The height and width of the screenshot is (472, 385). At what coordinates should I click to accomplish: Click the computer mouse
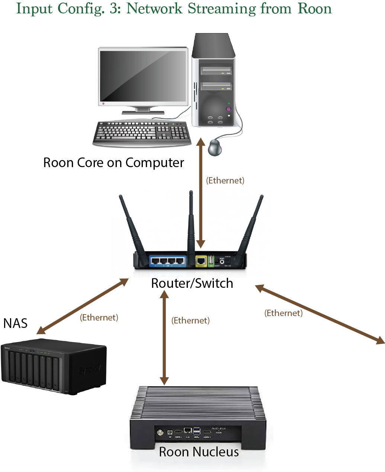tap(215, 147)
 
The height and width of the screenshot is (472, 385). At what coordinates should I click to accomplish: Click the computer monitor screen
tap(143, 76)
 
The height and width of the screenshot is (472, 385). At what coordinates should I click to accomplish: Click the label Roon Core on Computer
tap(113, 163)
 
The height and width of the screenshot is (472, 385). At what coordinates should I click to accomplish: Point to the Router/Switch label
tap(192, 283)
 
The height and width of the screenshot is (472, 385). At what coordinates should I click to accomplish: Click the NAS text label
tap(15, 323)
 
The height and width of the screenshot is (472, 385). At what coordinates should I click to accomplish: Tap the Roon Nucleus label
tap(199, 452)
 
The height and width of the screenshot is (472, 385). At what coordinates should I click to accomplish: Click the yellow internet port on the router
tap(201, 261)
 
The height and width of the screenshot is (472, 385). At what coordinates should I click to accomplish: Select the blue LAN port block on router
tap(167, 261)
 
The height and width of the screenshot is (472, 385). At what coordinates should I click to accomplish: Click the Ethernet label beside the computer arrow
tap(225, 180)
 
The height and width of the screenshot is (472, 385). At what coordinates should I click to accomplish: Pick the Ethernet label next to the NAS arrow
tap(99, 318)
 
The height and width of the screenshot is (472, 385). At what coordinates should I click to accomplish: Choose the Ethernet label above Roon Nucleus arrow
tap(190, 320)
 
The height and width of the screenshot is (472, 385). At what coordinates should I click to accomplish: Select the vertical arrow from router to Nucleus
tap(164, 338)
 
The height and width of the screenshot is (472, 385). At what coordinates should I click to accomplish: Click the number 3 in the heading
tap(113, 9)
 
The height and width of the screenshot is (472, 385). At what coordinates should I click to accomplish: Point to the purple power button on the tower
tap(228, 109)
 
